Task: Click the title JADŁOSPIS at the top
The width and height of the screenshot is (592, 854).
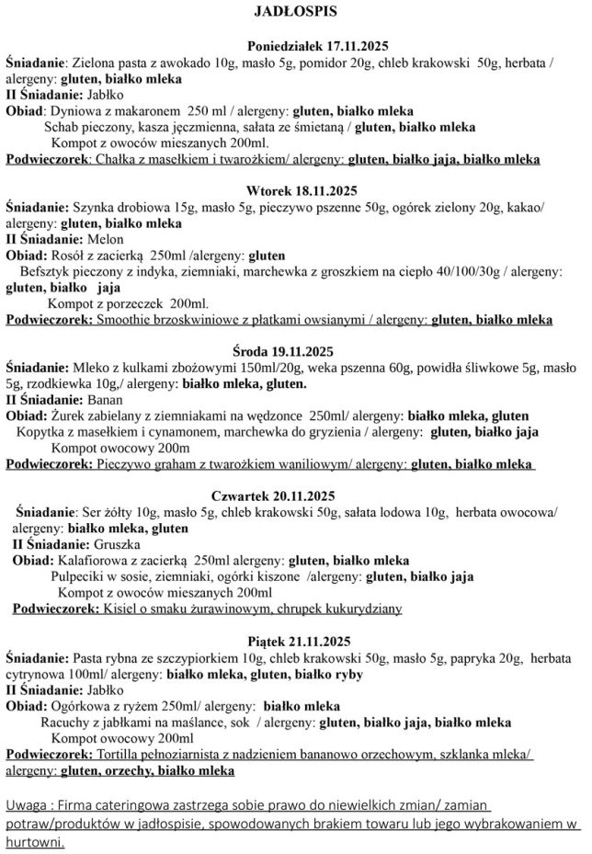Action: click(295, 12)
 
